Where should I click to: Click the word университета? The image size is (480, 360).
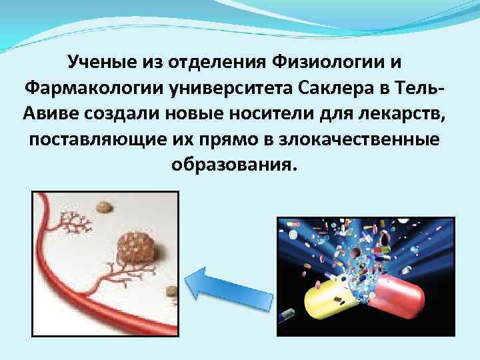(x=235, y=87)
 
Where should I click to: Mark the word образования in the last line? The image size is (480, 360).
(x=231, y=163)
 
